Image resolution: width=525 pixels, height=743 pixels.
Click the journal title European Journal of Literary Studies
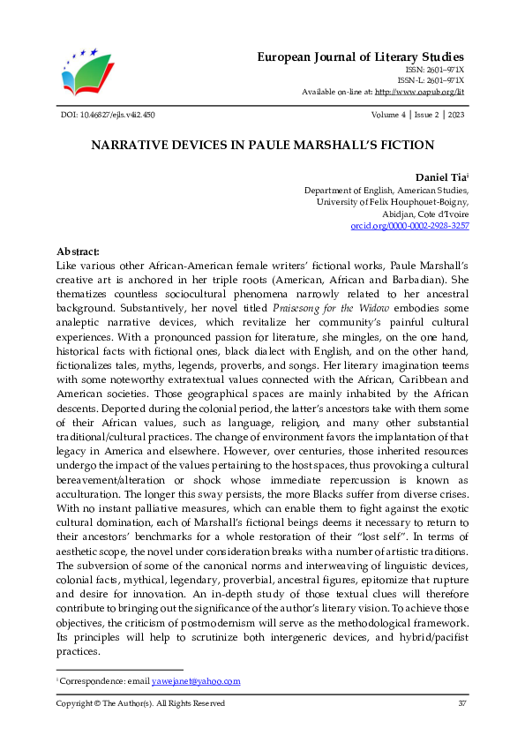coord(360,56)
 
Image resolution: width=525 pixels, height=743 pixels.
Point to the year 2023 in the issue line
coord(455,115)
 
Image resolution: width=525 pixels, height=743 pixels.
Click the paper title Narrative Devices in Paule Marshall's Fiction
coord(262,145)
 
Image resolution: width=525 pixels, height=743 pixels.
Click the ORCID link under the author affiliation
coord(409,226)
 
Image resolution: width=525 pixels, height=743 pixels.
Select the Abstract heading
coord(78,251)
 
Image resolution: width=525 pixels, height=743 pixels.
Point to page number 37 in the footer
coord(462,703)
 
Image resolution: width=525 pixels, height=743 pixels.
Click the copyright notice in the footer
coord(140,703)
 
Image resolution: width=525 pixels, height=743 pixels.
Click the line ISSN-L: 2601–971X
coord(431,79)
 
